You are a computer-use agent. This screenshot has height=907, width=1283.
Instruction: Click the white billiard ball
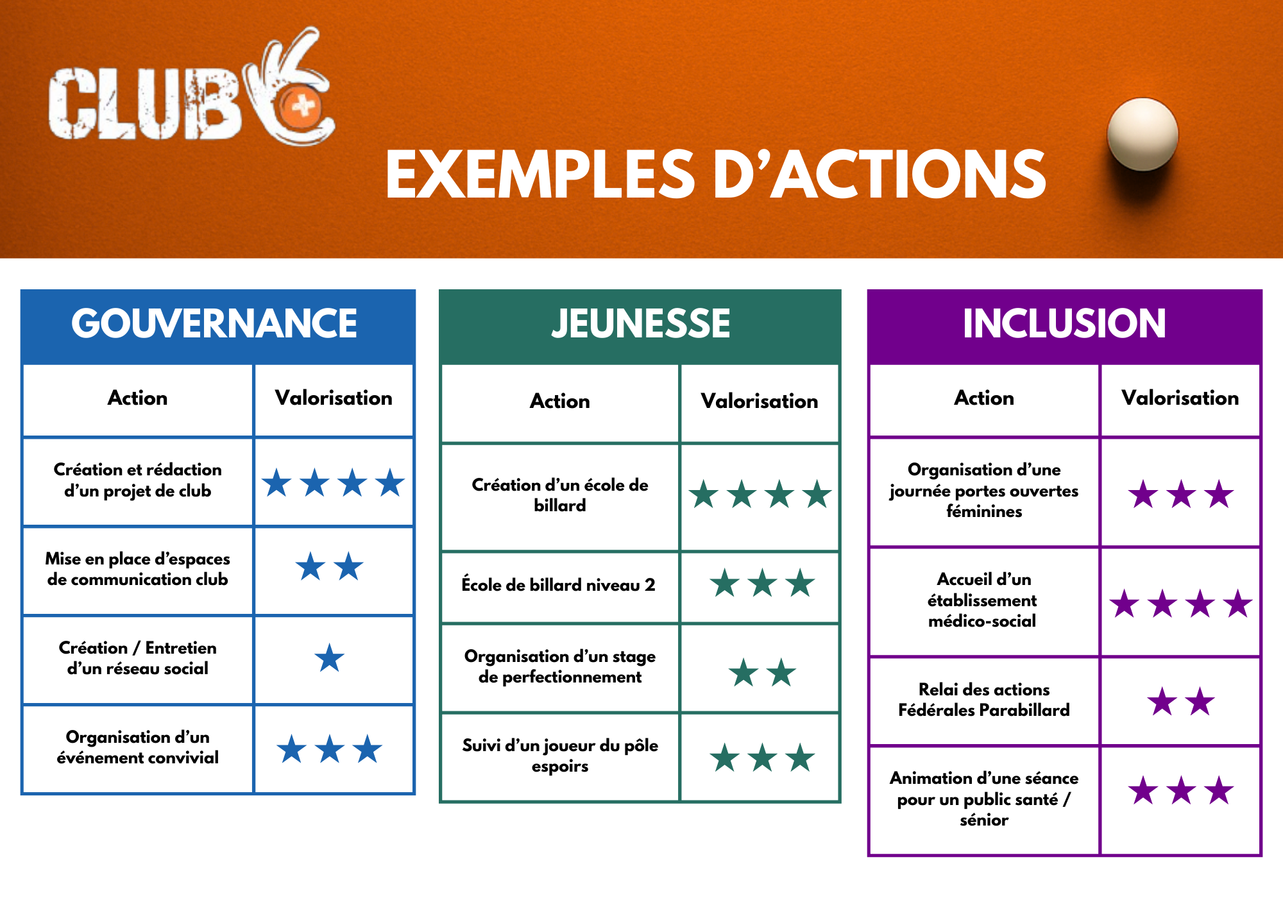click(1143, 134)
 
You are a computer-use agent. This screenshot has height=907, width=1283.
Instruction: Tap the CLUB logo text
click(145, 103)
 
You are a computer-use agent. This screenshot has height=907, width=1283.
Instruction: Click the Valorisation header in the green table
click(760, 401)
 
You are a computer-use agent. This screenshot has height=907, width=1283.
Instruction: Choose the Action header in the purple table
click(984, 398)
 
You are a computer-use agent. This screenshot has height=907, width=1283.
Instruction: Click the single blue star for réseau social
click(330, 657)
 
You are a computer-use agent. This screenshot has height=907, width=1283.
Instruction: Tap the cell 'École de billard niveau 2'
click(559, 584)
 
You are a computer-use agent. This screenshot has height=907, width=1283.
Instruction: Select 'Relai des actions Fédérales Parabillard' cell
click(984, 700)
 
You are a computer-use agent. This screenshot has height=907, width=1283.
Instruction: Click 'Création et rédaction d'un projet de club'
click(138, 480)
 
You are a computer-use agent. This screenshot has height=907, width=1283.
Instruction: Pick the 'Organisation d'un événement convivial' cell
click(138, 747)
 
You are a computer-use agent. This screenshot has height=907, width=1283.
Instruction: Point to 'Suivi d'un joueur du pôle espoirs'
click(560, 756)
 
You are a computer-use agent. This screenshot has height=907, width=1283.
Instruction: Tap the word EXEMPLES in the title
click(540, 174)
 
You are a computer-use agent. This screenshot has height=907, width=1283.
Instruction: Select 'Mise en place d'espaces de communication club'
click(138, 569)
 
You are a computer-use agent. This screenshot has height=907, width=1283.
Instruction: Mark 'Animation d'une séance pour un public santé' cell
click(984, 799)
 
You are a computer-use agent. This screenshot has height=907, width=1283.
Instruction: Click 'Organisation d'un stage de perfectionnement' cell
click(560, 666)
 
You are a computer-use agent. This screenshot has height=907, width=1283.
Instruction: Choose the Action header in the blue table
click(137, 398)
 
